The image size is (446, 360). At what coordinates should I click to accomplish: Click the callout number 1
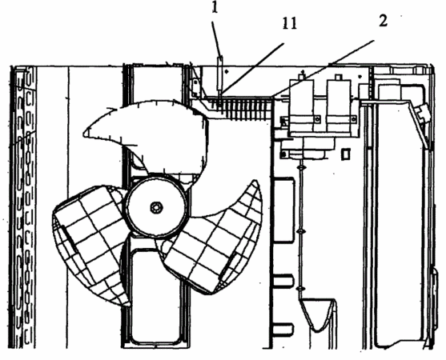pos(215,7)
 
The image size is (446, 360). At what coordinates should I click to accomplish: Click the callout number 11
pos(290,23)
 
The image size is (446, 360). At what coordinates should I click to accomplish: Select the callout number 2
pos(383,21)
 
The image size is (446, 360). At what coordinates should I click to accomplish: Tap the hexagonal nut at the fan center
pos(156,208)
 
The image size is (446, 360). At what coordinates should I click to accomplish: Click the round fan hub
pos(156,206)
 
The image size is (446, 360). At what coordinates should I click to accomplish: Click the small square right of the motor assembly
pos(345,154)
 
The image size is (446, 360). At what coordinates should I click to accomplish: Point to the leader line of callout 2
pos(323,69)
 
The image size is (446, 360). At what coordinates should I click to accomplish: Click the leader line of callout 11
pos(252,68)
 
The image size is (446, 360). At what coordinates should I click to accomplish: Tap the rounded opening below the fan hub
pos(156,296)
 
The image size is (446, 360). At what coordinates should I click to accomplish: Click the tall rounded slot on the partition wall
pos(283,210)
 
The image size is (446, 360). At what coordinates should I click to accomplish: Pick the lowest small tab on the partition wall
pos(283,329)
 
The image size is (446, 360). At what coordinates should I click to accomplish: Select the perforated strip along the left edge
pos(22,207)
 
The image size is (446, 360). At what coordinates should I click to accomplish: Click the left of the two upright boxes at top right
pos(302,106)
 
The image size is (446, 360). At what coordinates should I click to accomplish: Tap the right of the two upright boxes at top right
pos(340,106)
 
